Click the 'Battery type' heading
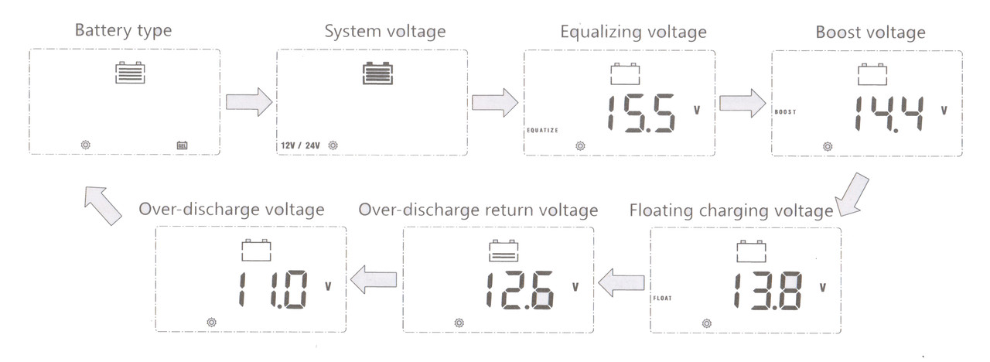pos(123,32)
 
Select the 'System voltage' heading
pos(384,32)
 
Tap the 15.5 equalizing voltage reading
pos(640,114)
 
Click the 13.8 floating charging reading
pos(766,292)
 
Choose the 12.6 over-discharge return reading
pos(519,292)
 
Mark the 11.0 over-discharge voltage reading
pos(271,292)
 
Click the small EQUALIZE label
pos(542,130)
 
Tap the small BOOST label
pos(785,112)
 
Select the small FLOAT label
pos(662,298)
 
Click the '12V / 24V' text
pos(300,145)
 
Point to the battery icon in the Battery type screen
pos(130,73)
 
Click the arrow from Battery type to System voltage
pos(248,102)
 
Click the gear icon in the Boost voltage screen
pos(828,145)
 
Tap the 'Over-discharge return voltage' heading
pos(479,210)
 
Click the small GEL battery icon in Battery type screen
pos(183,145)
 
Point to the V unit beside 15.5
pos(697,110)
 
